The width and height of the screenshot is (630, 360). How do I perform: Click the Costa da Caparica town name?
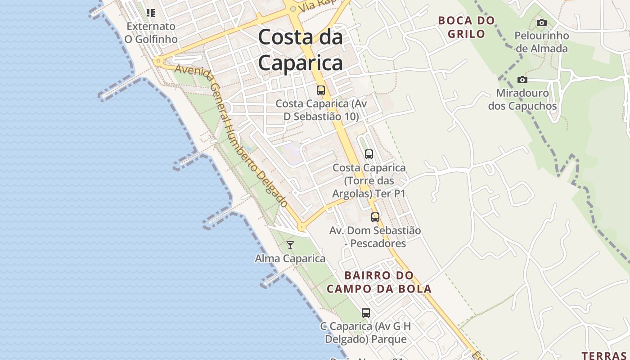pyautogui.click(x=301, y=49)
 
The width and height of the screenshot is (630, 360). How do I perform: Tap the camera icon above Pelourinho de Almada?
pyautogui.click(x=542, y=22)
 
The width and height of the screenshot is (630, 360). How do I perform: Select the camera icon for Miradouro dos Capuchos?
pyautogui.click(x=522, y=80)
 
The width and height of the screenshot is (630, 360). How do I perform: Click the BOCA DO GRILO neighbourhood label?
pyautogui.click(x=466, y=27)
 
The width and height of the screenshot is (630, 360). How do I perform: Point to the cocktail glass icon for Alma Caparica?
pyautogui.click(x=290, y=245)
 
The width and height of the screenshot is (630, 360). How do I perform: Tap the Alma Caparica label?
pyautogui.click(x=290, y=259)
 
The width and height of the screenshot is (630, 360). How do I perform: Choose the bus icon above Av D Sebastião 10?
pyautogui.click(x=321, y=90)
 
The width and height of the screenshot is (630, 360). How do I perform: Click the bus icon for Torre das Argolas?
pyautogui.click(x=369, y=154)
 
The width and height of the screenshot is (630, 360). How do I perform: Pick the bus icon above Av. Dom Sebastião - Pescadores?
pyautogui.click(x=375, y=217)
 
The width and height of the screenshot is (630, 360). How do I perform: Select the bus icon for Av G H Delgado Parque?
pyautogui.click(x=366, y=312)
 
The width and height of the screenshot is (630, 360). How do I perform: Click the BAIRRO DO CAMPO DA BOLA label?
pyautogui.click(x=379, y=282)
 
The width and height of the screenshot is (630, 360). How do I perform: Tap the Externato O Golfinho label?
pyautogui.click(x=151, y=33)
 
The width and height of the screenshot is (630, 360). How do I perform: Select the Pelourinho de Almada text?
pyautogui.click(x=542, y=42)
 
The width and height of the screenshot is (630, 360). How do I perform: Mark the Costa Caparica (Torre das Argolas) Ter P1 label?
pyautogui.click(x=369, y=181)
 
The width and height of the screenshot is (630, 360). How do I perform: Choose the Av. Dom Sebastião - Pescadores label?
pyautogui.click(x=375, y=237)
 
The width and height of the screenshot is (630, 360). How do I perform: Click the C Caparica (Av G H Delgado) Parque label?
pyautogui.click(x=366, y=333)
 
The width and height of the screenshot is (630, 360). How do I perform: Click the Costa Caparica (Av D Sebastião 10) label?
pyautogui.click(x=321, y=110)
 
